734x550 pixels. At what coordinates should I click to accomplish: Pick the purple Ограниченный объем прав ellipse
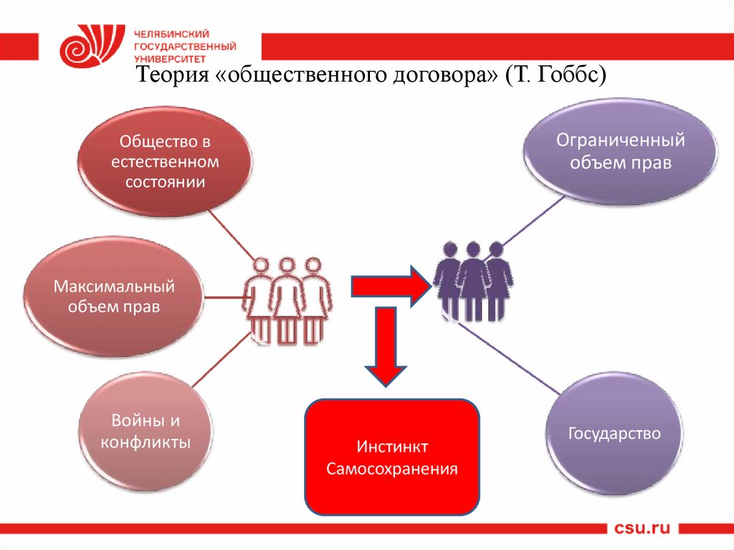point(621,151)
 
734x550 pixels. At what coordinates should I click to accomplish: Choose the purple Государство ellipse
point(614,433)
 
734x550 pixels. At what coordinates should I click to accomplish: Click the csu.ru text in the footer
point(643,529)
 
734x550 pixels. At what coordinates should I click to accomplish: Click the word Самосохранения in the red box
point(392,470)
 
